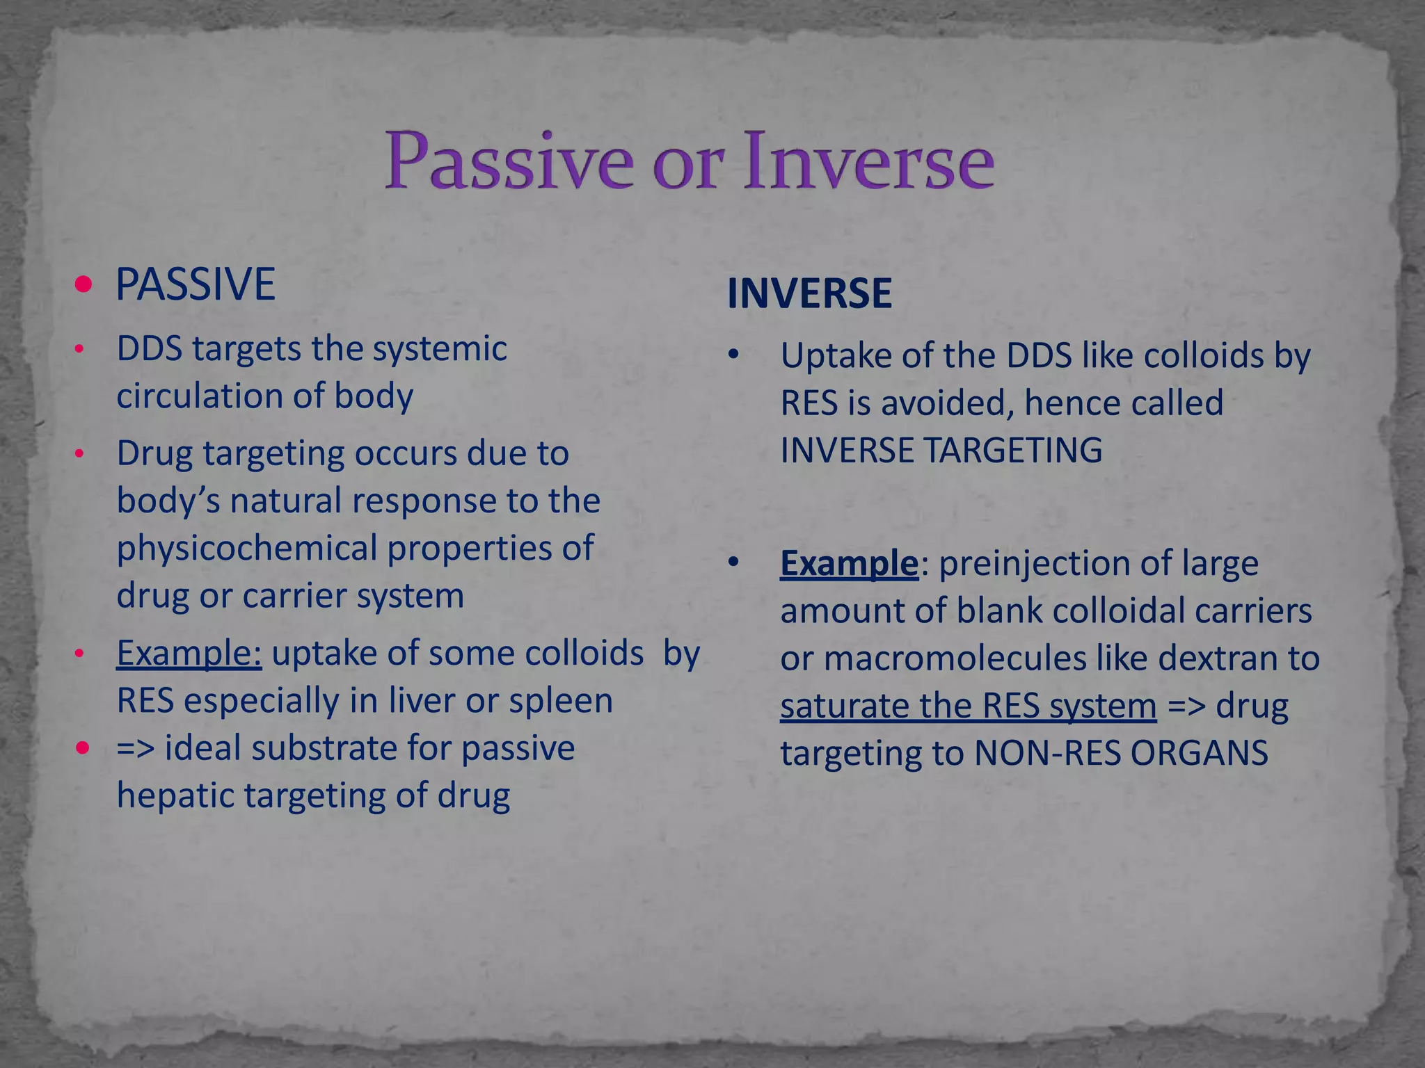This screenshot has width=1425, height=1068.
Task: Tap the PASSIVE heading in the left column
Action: tap(195, 284)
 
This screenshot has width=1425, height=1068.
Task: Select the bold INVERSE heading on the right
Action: tap(809, 293)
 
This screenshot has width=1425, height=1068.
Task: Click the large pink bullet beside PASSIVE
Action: tap(83, 284)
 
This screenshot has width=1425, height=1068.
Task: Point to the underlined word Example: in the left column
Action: tap(189, 654)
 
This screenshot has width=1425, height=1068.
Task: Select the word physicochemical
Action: tap(247, 549)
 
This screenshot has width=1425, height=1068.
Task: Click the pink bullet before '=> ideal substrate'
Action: tap(83, 748)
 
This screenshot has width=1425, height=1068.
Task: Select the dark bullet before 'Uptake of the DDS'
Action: tap(733, 356)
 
